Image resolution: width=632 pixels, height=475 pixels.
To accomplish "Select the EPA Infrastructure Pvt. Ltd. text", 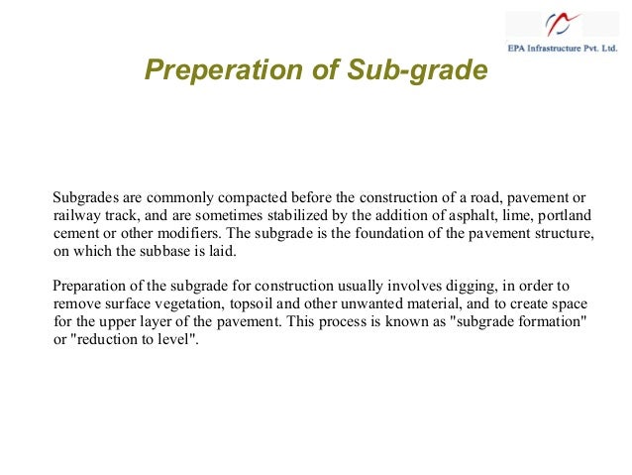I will pos(563,48).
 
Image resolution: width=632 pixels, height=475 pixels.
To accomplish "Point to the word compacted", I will pos(232,196).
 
